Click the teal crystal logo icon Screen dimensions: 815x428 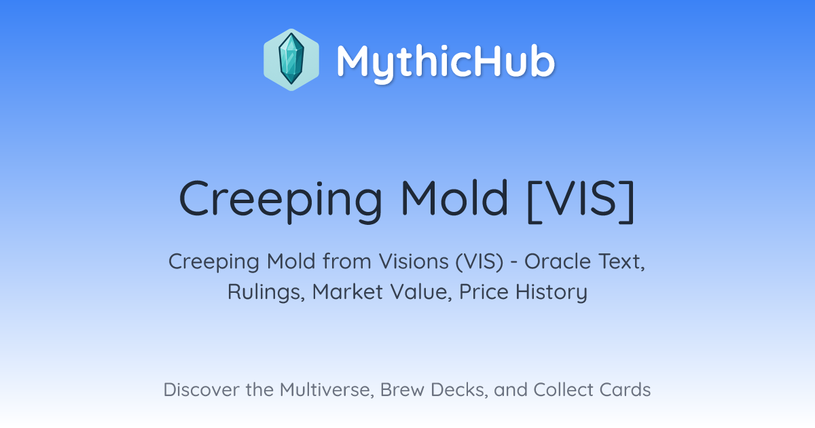(291, 59)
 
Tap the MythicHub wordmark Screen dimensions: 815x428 (446, 63)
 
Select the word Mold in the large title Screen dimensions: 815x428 (454, 198)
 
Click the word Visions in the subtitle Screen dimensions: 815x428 (414, 262)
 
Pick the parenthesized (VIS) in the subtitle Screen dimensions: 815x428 (479, 262)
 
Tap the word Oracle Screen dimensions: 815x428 (558, 262)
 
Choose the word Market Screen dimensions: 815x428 (348, 291)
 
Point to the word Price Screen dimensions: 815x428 (484, 291)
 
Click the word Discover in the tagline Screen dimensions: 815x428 (202, 390)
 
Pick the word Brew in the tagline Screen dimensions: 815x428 (402, 390)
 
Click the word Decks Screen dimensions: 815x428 (459, 390)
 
